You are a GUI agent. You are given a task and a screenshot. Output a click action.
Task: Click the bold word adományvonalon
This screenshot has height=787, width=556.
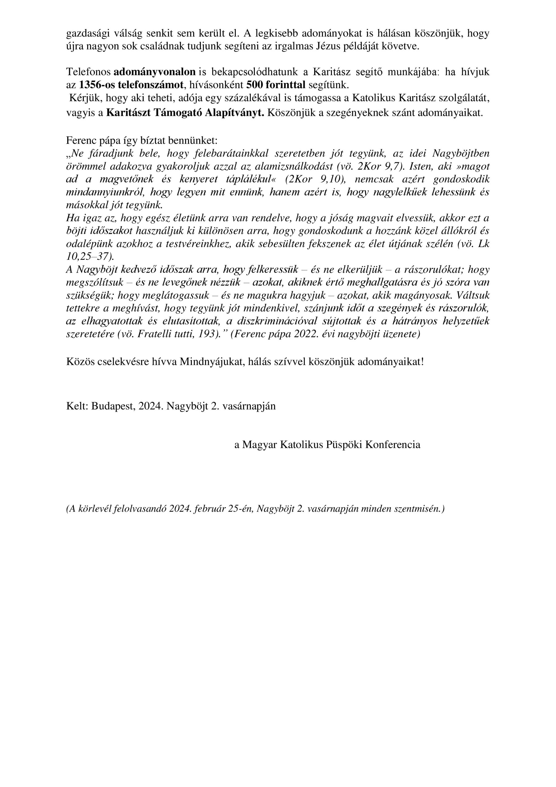(x=154, y=72)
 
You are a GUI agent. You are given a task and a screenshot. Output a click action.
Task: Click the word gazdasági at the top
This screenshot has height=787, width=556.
(x=89, y=33)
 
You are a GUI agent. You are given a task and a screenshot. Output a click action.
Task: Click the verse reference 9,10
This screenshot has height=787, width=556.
(x=329, y=179)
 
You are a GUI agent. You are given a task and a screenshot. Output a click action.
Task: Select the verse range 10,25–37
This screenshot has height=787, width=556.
(x=88, y=256)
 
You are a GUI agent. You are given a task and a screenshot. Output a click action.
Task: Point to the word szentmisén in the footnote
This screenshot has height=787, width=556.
(x=420, y=509)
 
